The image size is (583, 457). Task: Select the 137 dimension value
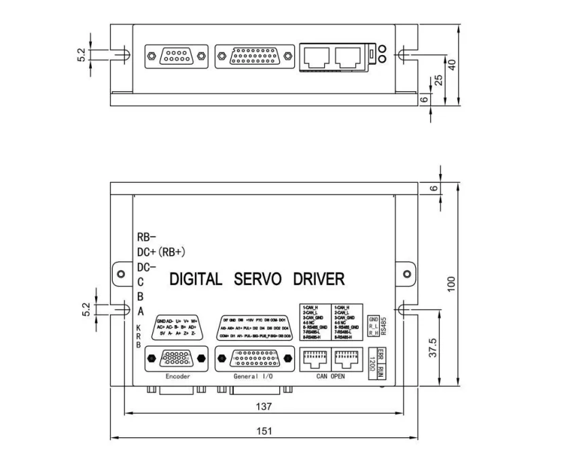tap(264, 407)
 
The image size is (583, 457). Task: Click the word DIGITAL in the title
tap(195, 279)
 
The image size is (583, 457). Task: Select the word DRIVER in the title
tap(319, 279)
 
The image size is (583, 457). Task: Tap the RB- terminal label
tap(147, 237)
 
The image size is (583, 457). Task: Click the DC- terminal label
tap(147, 267)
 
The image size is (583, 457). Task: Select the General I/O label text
tap(252, 375)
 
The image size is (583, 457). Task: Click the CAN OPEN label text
tap(332, 375)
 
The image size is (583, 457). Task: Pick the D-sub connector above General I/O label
tap(252, 358)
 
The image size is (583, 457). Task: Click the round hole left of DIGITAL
tap(121, 275)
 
